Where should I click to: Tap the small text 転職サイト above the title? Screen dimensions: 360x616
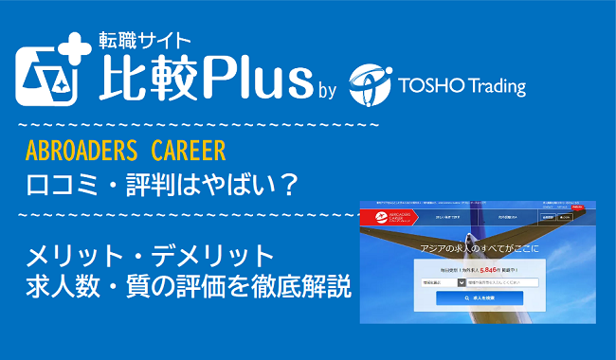tap(145, 40)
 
